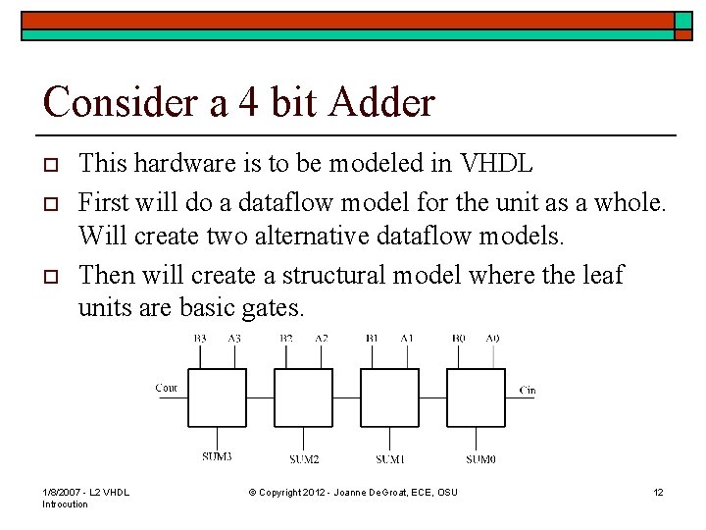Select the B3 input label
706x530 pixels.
[200, 338]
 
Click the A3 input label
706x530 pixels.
[234, 338]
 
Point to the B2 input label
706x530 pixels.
[286, 338]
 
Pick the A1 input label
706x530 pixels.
[407, 338]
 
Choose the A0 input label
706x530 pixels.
[492, 338]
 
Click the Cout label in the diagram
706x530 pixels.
[167, 388]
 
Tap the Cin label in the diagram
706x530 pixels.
[528, 391]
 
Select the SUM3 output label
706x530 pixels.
[217, 457]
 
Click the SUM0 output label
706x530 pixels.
[480, 459]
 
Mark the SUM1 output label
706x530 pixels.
[390, 459]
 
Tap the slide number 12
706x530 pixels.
[658, 491]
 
